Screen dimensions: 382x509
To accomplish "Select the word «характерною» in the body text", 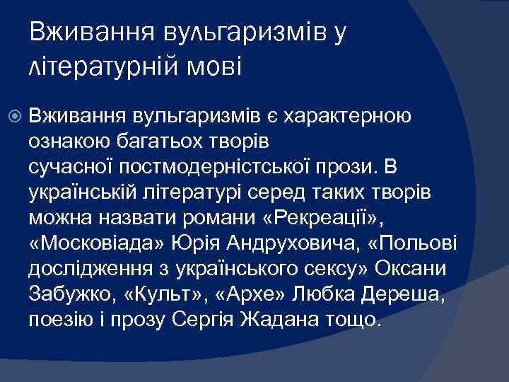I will click(363, 116).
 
